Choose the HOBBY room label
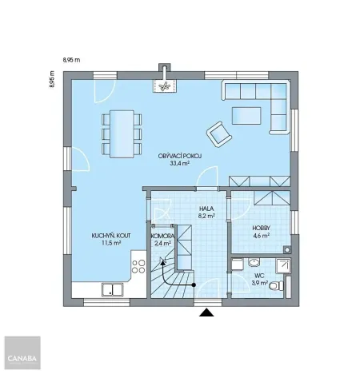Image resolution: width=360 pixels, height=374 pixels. [x=261, y=228]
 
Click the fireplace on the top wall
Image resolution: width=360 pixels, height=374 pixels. [x=164, y=83]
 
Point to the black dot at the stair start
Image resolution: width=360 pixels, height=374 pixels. [x=193, y=284]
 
